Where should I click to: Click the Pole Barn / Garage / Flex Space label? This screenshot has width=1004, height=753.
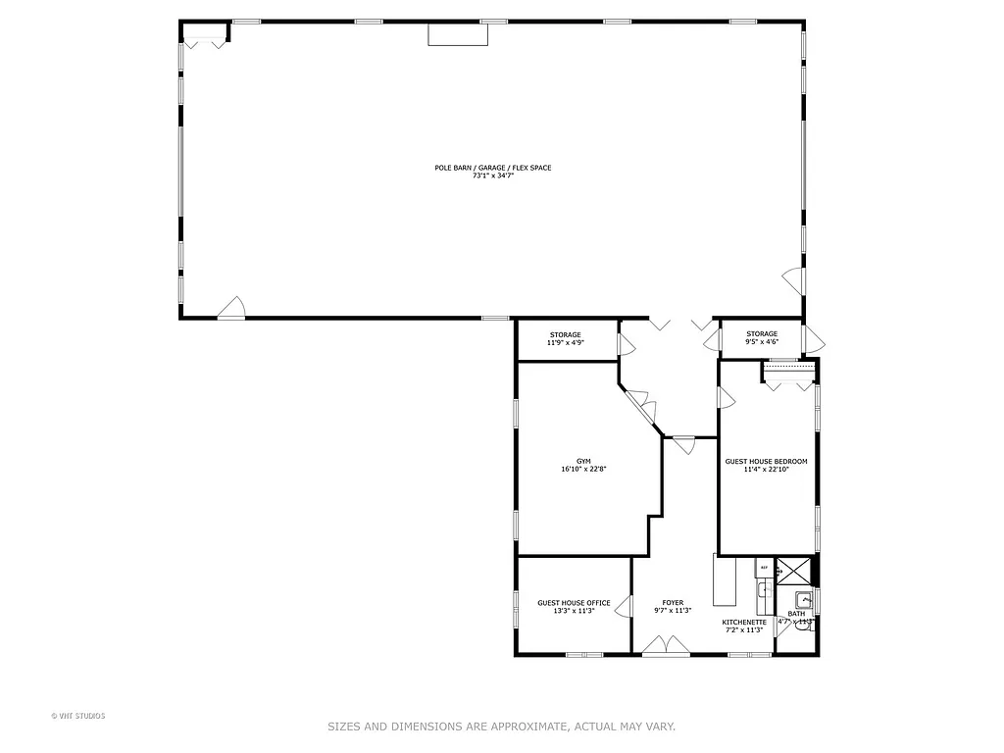(492, 168)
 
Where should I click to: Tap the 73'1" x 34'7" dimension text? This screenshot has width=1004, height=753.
(492, 176)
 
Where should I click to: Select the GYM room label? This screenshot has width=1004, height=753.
(582, 461)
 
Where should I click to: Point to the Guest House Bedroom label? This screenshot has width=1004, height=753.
(766, 461)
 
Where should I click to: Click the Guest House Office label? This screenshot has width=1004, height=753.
(574, 603)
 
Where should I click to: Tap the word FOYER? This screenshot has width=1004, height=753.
(673, 603)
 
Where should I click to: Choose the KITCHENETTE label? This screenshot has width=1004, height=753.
(744, 622)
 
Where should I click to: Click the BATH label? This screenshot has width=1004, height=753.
(796, 614)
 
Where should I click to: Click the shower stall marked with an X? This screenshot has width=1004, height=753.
(794, 571)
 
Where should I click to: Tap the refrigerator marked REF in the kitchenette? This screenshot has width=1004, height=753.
(762, 568)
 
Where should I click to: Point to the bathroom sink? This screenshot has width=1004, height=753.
(803, 600)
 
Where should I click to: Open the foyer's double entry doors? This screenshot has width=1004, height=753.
(666, 646)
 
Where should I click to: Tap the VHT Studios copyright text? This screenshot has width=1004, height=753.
(77, 716)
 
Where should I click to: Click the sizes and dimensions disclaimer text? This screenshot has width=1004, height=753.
(501, 727)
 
